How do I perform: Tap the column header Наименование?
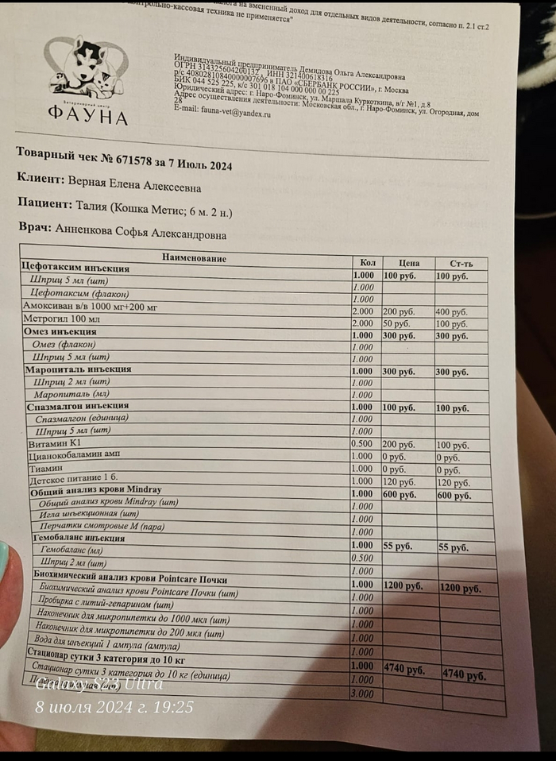[195, 258]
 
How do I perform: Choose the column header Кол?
[366, 263]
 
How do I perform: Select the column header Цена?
[408, 263]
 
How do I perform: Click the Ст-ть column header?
[460, 264]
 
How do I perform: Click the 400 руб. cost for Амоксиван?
[450, 312]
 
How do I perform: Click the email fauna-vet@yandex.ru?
[222, 114]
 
